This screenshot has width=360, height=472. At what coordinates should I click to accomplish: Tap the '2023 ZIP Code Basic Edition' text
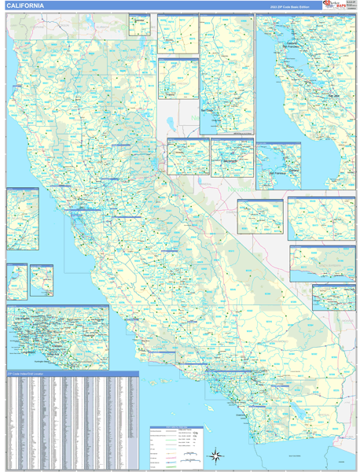pyautogui.click(x=289, y=6)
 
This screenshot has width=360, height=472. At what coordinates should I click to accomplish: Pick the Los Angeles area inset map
pyautogui.click(x=57, y=337)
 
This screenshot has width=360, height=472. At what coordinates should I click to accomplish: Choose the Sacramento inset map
pyautogui.click(x=232, y=157)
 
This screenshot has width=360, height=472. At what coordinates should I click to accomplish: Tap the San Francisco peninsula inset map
pyautogui.click(x=277, y=165)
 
